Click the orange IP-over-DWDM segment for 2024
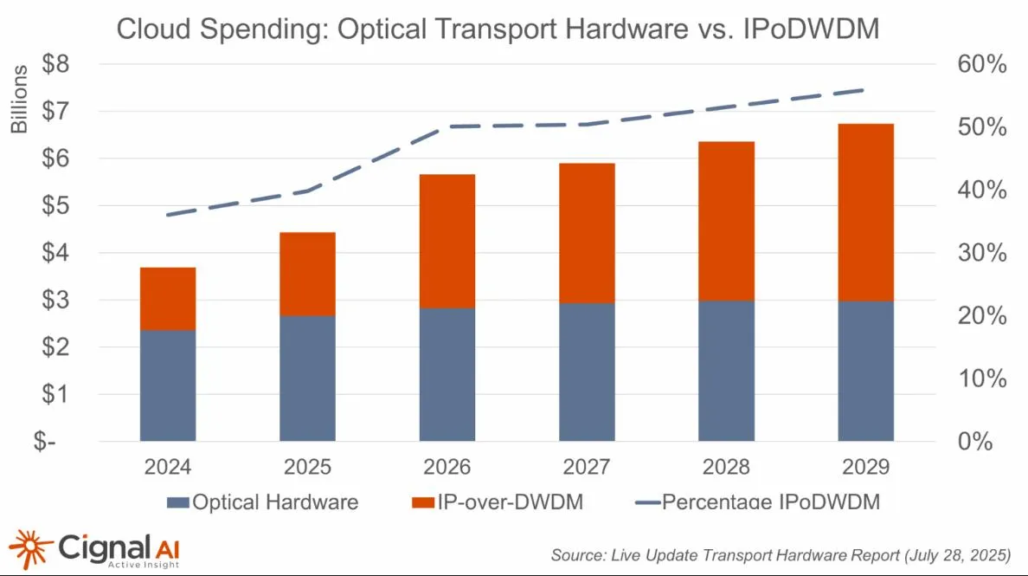point(168,298)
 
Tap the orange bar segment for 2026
point(447,241)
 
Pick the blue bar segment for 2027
point(587,372)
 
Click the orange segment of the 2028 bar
point(727,221)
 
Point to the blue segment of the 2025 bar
point(307,378)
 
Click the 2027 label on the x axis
point(587,468)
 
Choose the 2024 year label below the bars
point(168,468)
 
